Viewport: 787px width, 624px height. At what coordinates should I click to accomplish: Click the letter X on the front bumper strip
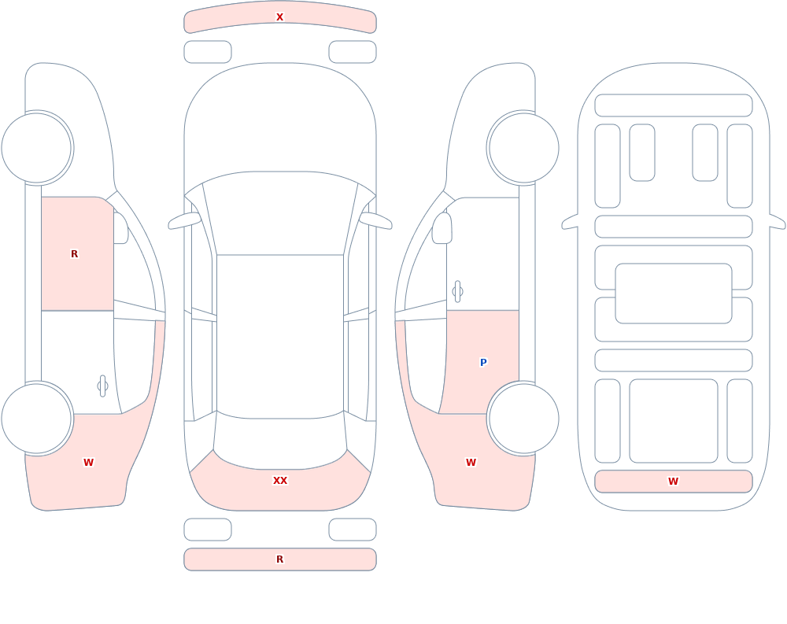pyautogui.click(x=279, y=17)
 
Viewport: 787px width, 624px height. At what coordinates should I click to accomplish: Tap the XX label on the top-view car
pyautogui.click(x=280, y=481)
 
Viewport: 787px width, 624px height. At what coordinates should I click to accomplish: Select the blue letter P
pyautogui.click(x=483, y=362)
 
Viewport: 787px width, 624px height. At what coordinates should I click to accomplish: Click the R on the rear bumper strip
pyautogui.click(x=279, y=559)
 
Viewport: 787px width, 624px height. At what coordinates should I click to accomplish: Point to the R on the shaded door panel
pyautogui.click(x=74, y=254)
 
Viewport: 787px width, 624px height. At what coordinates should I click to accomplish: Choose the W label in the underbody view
pyautogui.click(x=673, y=482)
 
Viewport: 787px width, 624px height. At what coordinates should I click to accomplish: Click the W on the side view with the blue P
pyautogui.click(x=471, y=463)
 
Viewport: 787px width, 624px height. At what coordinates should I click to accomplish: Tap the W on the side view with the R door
pyautogui.click(x=88, y=463)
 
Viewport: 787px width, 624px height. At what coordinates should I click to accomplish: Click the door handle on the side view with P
pyautogui.click(x=457, y=292)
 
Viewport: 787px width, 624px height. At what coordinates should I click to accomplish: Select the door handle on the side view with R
pyautogui.click(x=102, y=386)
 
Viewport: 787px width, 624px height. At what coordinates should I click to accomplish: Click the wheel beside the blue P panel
pyautogui.click(x=523, y=419)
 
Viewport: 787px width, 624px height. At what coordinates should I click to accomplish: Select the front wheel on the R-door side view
pyautogui.click(x=37, y=148)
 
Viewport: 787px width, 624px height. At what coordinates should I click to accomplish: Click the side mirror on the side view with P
pyautogui.click(x=442, y=228)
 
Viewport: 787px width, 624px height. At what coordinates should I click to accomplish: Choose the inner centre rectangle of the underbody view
pyautogui.click(x=674, y=294)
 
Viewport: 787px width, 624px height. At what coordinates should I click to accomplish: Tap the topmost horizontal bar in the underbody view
pyautogui.click(x=674, y=105)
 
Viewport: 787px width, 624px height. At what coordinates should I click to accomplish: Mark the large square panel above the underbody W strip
pyautogui.click(x=674, y=421)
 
